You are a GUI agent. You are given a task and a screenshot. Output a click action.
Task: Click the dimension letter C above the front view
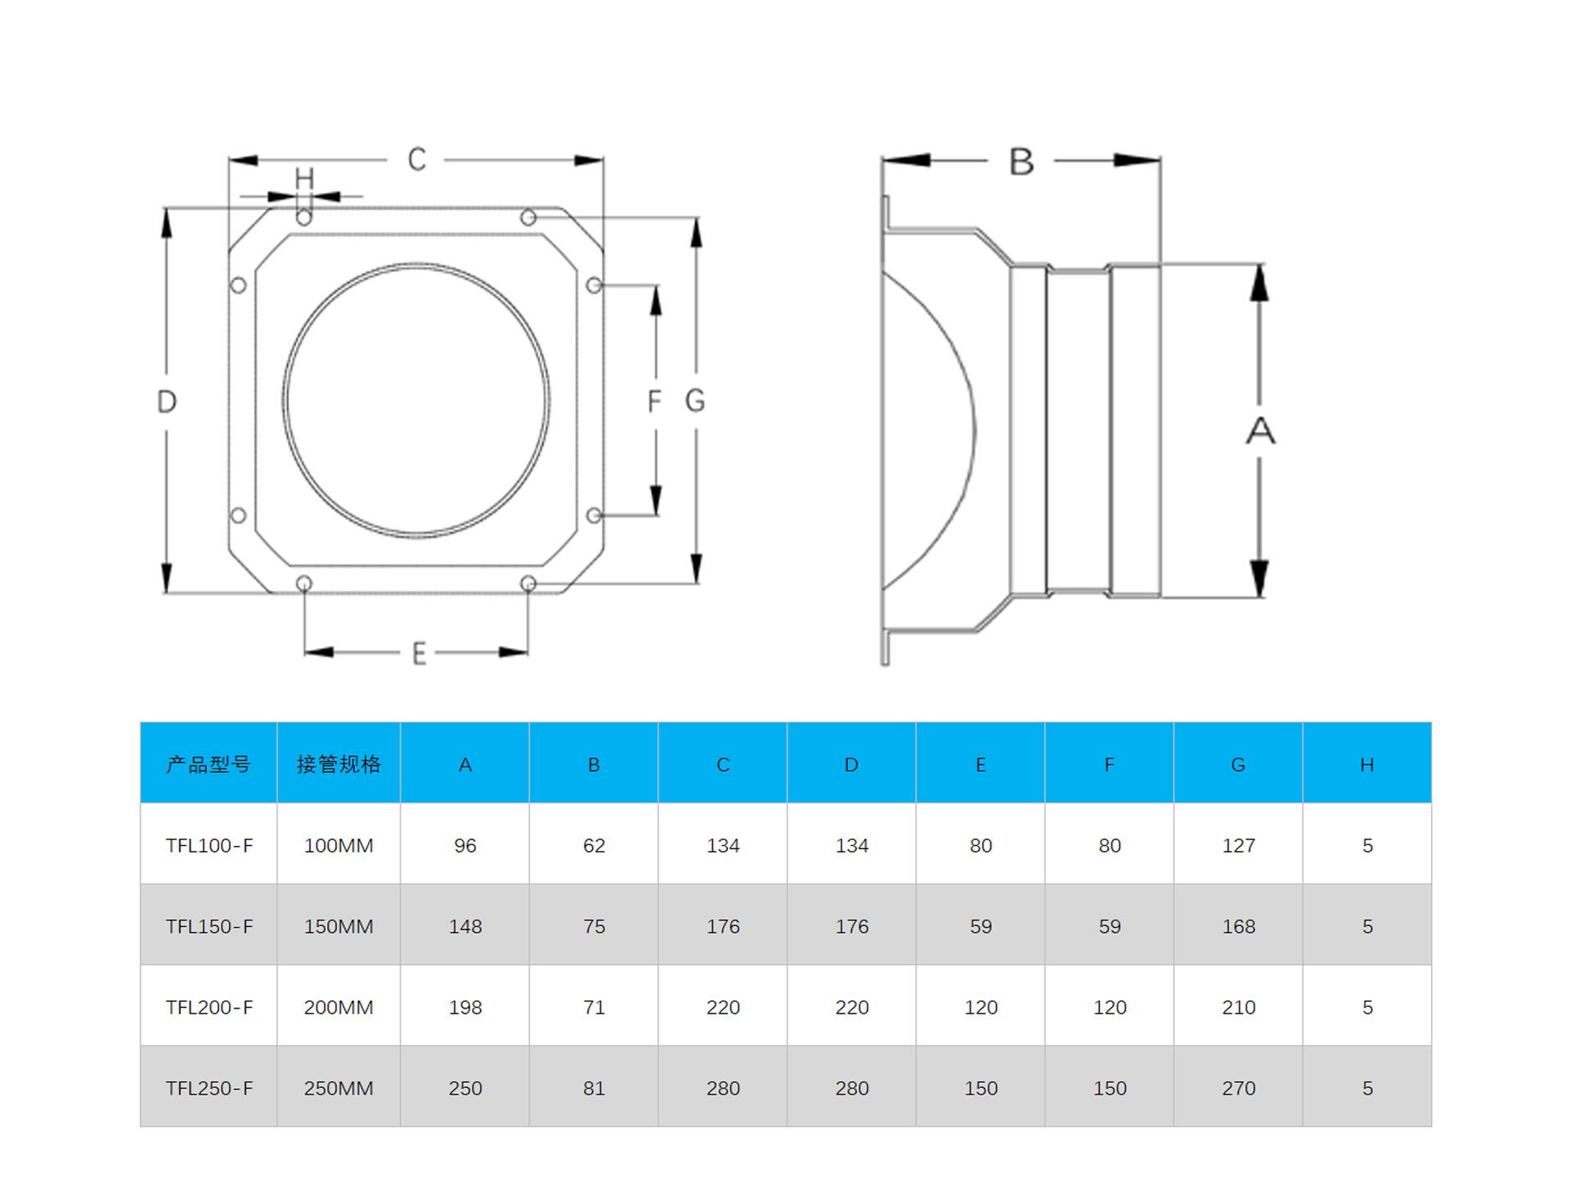click(x=417, y=159)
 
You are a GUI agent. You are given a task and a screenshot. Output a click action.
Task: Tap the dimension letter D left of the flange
click(x=167, y=401)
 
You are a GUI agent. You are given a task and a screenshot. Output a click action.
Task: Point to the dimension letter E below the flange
click(x=419, y=653)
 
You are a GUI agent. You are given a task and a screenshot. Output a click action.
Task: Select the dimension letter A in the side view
click(x=1260, y=431)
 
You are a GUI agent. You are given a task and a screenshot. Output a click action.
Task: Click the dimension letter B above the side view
click(x=1021, y=162)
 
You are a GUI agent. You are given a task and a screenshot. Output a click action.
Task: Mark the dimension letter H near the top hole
click(x=304, y=178)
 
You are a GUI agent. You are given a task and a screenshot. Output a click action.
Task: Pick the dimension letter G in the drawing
click(x=695, y=401)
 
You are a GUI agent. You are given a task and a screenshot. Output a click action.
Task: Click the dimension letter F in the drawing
click(x=653, y=401)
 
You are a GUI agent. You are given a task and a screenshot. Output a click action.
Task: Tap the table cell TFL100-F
click(x=209, y=845)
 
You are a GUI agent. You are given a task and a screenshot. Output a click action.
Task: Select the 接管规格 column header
click(x=339, y=764)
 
